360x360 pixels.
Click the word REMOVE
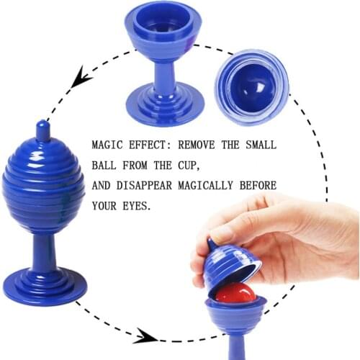197,145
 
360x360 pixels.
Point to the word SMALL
261,145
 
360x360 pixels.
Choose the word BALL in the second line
104,166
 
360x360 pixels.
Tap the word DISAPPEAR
144,186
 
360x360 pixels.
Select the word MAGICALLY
205,186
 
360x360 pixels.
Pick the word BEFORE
258,186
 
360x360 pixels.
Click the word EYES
137,206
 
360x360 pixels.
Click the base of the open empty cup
165,104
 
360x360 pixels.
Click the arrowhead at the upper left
81,77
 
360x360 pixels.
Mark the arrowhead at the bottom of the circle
145,336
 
